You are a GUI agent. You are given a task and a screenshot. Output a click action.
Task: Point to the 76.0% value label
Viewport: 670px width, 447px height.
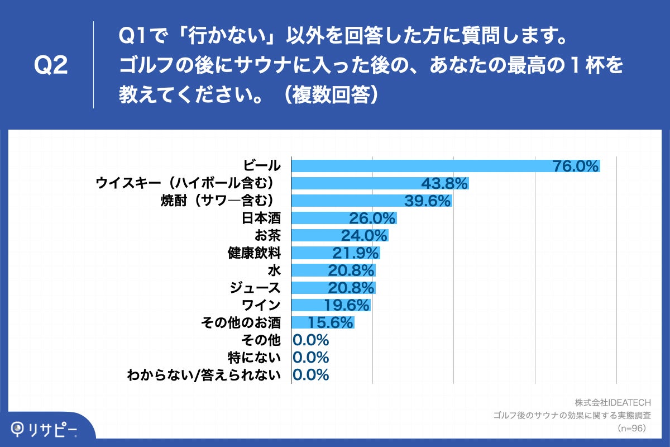coord(576,166)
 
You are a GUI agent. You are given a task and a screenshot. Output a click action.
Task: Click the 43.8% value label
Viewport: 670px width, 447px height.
coord(444,183)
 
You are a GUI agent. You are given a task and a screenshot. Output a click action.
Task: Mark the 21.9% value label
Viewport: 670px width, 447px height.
coord(356,253)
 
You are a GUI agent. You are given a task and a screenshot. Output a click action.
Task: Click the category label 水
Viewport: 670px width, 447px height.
coord(274,270)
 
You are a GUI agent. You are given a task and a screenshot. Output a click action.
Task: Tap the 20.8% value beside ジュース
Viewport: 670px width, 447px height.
coord(351,288)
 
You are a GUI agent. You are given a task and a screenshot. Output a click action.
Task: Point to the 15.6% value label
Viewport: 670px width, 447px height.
coord(331,322)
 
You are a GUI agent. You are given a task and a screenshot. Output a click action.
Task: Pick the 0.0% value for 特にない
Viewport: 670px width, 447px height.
coord(311,357)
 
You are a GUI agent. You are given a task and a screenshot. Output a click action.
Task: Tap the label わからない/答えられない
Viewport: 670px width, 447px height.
coord(204,375)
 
